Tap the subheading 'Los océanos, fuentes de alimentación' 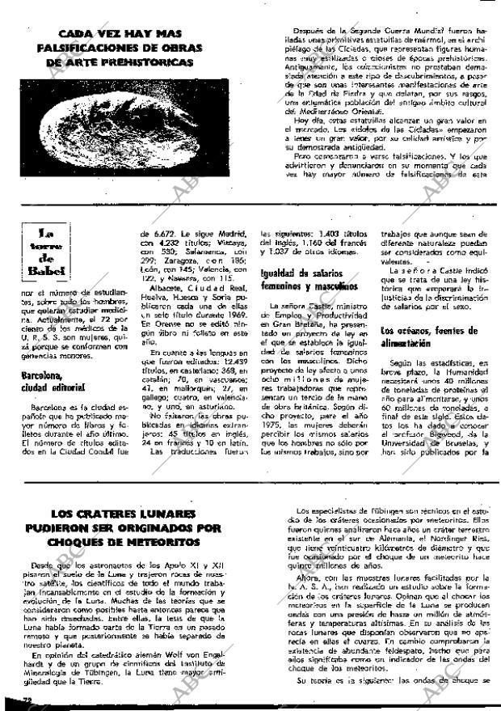click(x=442, y=336)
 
